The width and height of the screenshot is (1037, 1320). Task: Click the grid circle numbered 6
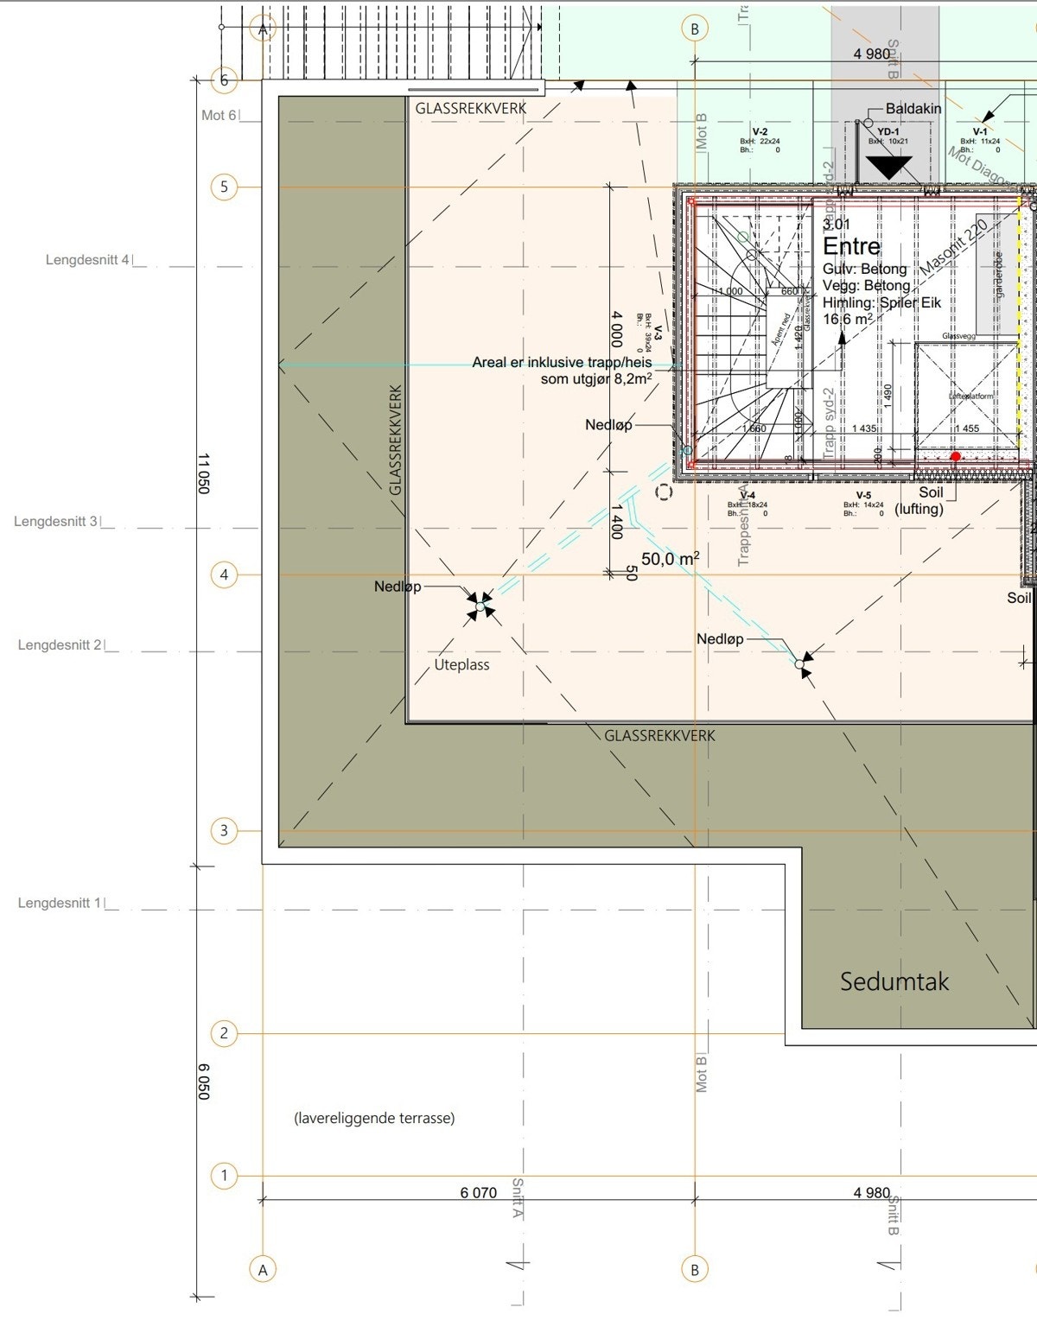pyautogui.click(x=224, y=80)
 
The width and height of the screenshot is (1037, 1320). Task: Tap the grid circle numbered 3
pyautogui.click(x=224, y=831)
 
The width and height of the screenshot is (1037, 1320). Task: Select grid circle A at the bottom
pyautogui.click(x=263, y=1269)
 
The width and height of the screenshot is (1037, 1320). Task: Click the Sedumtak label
pyautogui.click(x=894, y=981)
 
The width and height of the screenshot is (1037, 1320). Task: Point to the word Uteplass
pyautogui.click(x=461, y=664)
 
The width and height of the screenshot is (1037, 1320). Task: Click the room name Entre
pyautogui.click(x=851, y=246)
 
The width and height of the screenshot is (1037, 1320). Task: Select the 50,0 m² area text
pyautogui.click(x=670, y=559)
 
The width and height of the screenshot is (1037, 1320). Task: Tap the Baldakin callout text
pyautogui.click(x=913, y=109)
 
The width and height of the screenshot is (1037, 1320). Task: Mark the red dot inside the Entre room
pyautogui.click(x=955, y=456)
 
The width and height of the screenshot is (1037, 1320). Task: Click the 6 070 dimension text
pyautogui.click(x=478, y=1193)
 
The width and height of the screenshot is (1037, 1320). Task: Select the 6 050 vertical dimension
pyautogui.click(x=204, y=1082)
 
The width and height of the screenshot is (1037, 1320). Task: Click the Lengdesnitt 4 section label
pyautogui.click(x=87, y=260)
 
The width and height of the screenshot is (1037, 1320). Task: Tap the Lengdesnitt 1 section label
pyautogui.click(x=60, y=903)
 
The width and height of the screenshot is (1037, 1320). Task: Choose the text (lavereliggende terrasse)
pyautogui.click(x=374, y=1118)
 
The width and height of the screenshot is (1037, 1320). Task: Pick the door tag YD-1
pyautogui.click(x=887, y=131)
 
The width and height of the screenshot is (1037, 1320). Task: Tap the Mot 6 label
pyautogui.click(x=219, y=115)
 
